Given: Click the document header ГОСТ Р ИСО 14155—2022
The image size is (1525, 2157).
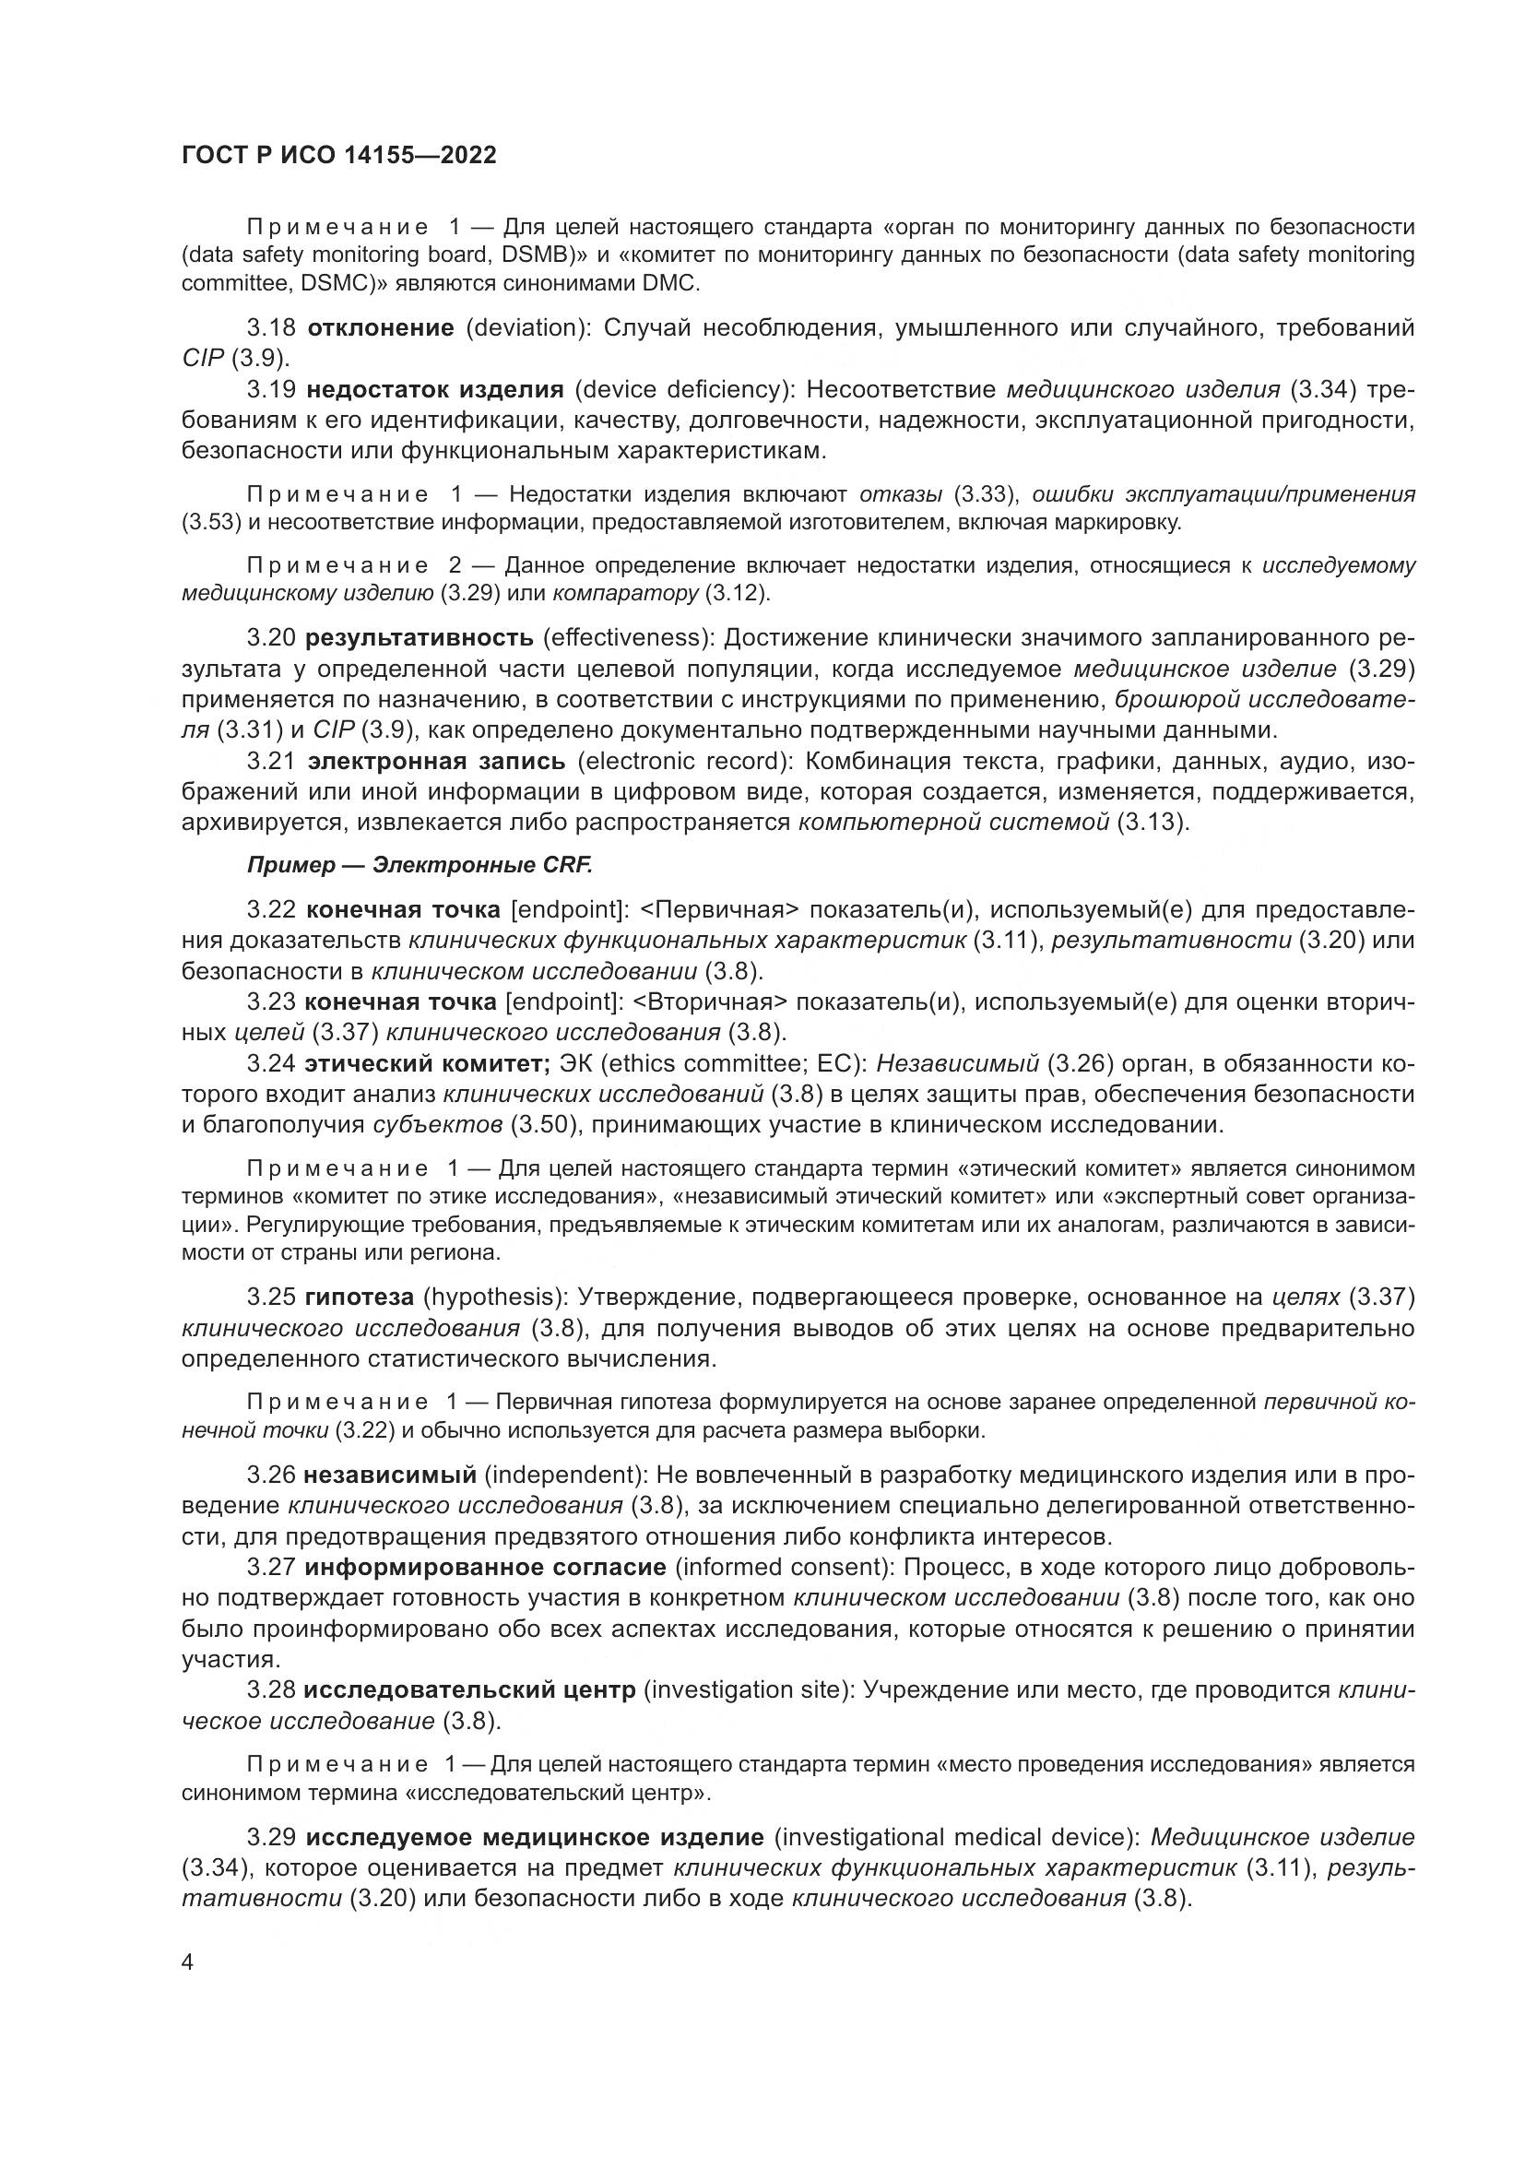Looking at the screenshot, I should tap(339, 156).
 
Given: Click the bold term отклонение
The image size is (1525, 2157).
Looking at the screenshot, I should tap(380, 328).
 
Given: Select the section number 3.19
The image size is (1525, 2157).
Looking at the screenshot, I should tap(271, 389).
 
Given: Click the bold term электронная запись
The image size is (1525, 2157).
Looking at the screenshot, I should tap(437, 761).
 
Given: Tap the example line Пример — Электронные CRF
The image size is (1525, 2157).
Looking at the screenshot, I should tap(420, 865).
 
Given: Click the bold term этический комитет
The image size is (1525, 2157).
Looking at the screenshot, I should tap(427, 1064).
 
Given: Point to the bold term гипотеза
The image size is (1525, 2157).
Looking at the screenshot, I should tap(360, 1298).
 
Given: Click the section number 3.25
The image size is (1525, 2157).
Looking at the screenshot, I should tap(271, 1298).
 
